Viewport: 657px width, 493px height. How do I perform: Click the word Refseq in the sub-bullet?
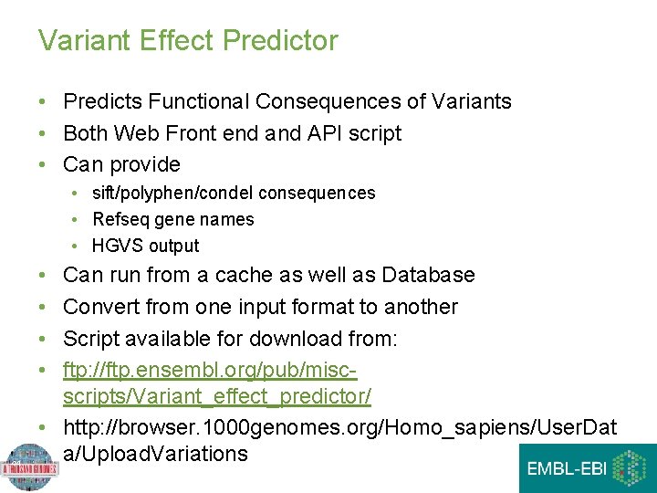[x=121, y=219]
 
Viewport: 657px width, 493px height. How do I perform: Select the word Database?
[x=428, y=275]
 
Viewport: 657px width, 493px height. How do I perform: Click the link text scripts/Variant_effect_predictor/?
[x=216, y=397]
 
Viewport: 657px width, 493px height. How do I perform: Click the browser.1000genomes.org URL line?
[x=339, y=427]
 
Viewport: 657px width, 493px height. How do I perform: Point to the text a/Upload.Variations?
[x=155, y=454]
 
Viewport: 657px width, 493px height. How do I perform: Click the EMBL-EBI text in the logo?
[x=564, y=469]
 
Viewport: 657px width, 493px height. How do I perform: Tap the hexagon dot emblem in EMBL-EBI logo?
[x=629, y=467]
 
